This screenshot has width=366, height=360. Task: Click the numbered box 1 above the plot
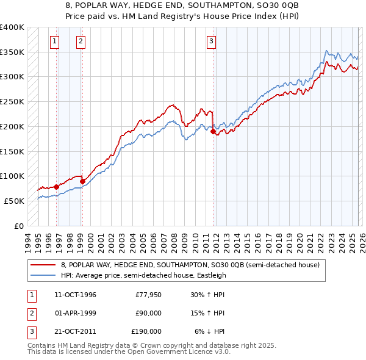pyautogui.click(x=55, y=41)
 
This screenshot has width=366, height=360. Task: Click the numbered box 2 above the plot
pyautogui.click(x=81, y=41)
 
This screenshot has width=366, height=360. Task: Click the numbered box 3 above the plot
pyautogui.click(x=211, y=41)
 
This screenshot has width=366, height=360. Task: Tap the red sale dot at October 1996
pyautogui.click(x=56, y=187)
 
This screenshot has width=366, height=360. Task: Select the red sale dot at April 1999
pyautogui.click(x=82, y=181)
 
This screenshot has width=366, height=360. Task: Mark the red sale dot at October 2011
pyautogui.click(x=213, y=131)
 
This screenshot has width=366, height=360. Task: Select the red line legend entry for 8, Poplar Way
pyautogui.click(x=190, y=265)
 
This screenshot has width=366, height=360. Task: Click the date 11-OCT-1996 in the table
pyautogui.click(x=75, y=295)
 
